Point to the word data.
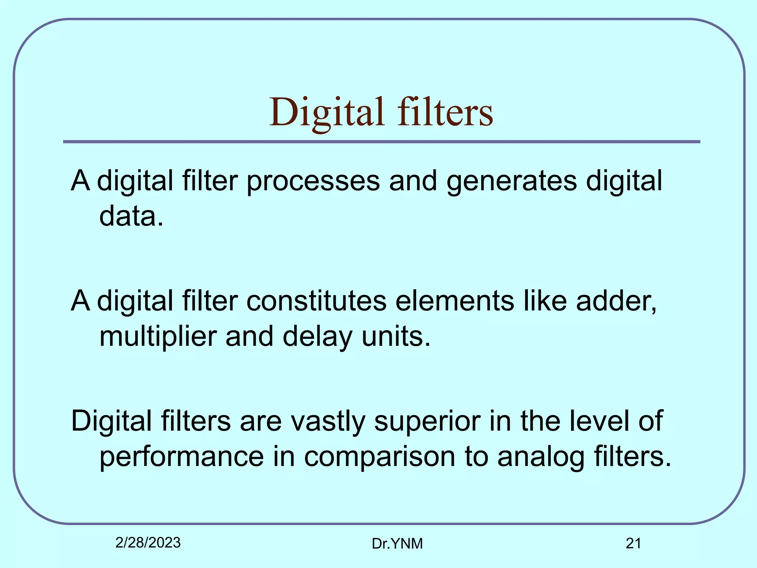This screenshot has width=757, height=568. click(131, 217)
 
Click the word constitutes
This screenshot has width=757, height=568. click(316, 301)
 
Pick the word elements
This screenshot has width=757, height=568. click(455, 301)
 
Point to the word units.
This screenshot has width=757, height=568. click(396, 337)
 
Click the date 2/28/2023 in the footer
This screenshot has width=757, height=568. click(148, 543)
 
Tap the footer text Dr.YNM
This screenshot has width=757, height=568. click(397, 544)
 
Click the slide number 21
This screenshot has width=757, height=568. click(633, 544)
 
